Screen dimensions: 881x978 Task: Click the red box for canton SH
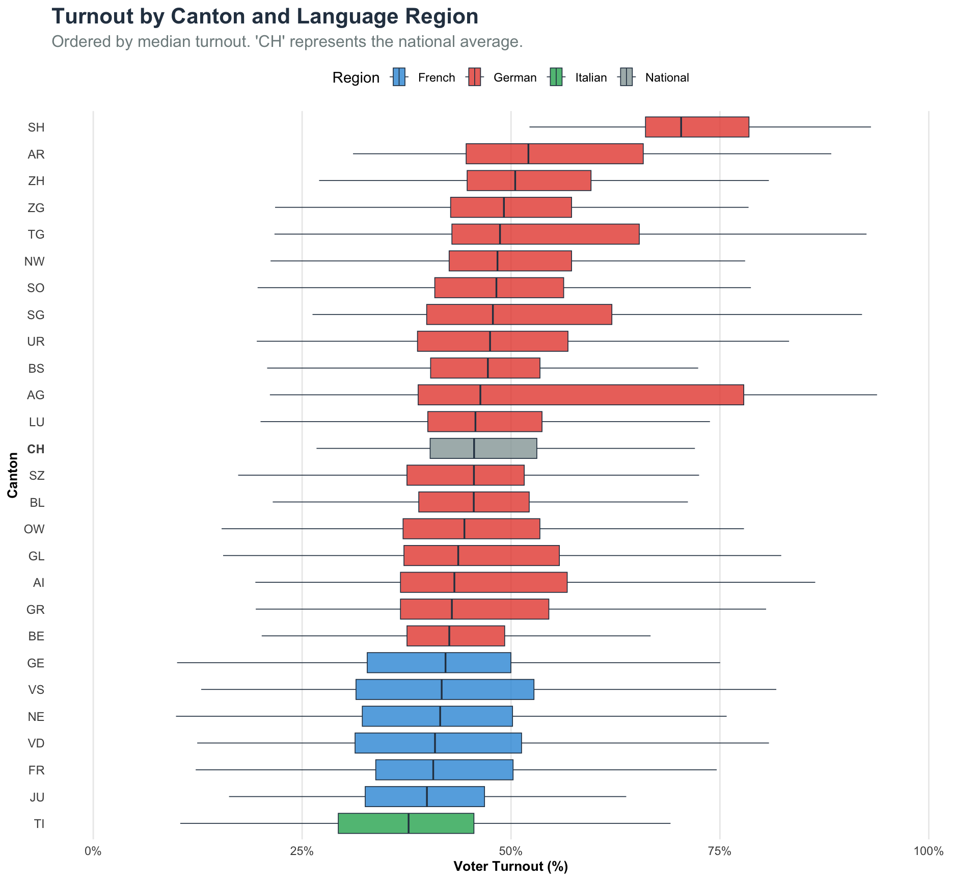(697, 127)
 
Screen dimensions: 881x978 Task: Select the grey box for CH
(483, 449)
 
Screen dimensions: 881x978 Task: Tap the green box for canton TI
(405, 823)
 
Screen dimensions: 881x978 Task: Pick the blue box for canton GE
(439, 663)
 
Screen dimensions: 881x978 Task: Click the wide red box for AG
(581, 395)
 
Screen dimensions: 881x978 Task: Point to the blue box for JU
(424, 796)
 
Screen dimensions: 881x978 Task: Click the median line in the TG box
(500, 234)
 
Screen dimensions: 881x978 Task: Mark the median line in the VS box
(442, 689)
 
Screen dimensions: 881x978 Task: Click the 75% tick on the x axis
(720, 851)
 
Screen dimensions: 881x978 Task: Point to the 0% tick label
(93, 851)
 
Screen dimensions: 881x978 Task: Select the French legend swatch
(399, 77)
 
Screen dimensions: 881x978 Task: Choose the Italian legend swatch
(556, 77)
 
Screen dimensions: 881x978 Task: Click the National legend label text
(667, 77)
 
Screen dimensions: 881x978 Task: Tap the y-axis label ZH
(36, 181)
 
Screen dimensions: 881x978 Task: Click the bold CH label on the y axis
(36, 449)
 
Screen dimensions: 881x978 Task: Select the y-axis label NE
(36, 717)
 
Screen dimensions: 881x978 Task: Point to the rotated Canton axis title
(13, 475)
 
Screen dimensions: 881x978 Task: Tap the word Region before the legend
(356, 77)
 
